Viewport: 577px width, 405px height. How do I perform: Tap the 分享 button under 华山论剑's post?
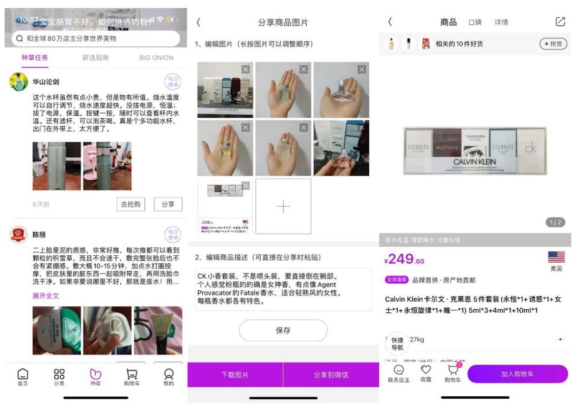pos(168,204)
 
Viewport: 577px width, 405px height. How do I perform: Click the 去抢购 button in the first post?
pos(130,204)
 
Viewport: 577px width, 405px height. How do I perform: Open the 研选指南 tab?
pos(95,57)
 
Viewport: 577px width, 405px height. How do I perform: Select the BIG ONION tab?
pos(156,57)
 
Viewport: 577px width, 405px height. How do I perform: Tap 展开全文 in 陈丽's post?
pos(46,296)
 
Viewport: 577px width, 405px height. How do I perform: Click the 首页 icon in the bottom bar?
pos(22,376)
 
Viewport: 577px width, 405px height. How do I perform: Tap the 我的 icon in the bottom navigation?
pos(168,376)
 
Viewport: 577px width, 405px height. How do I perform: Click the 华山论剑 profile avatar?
pos(19,81)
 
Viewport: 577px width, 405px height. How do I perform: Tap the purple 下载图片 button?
pos(235,375)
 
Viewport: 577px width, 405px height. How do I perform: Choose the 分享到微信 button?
pos(331,375)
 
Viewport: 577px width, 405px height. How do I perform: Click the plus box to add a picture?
pos(283,207)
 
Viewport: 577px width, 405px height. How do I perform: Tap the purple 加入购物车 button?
pos(517,374)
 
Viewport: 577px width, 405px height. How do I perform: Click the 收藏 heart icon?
pos(426,373)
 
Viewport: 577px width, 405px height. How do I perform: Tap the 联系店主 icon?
pos(399,373)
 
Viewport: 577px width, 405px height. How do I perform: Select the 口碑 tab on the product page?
pos(475,22)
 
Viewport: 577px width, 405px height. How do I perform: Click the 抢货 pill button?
pos(552,44)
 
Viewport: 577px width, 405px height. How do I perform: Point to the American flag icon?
pos(556,257)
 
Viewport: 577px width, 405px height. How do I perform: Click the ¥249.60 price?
pos(404,260)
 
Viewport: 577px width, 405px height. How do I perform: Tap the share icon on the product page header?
pos(560,22)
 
